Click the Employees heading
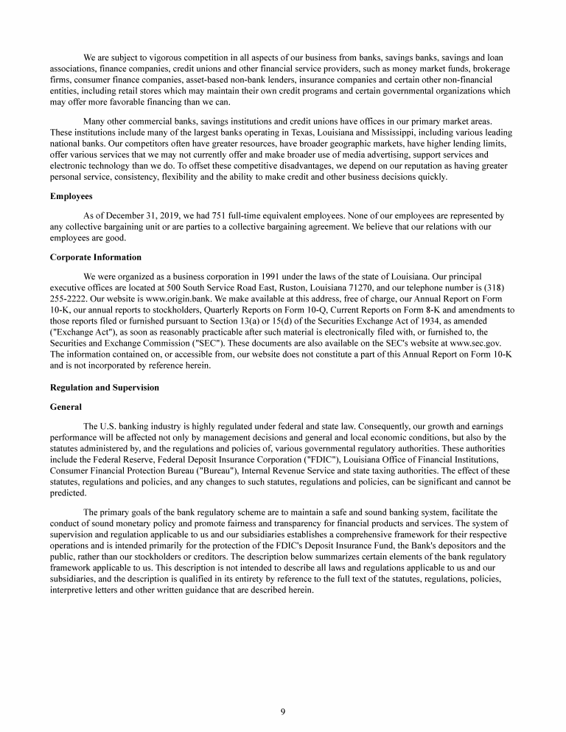tap(71, 197)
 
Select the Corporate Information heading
tap(95, 257)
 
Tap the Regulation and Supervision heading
tap(104, 387)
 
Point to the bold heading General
tap(66, 406)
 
